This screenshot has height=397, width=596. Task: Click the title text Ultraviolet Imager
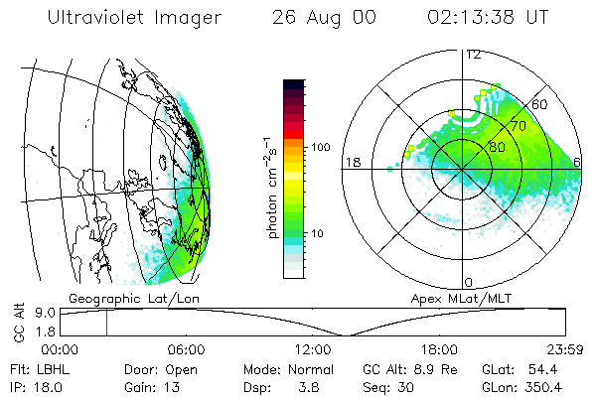click(x=134, y=18)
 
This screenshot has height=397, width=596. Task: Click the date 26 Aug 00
click(x=324, y=18)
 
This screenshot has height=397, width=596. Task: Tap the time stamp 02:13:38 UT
click(x=488, y=17)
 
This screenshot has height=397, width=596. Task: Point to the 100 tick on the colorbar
click(x=320, y=147)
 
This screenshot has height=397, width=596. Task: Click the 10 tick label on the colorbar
click(x=317, y=233)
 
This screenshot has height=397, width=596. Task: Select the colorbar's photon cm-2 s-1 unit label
click(x=271, y=188)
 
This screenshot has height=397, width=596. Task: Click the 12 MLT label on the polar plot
click(x=474, y=56)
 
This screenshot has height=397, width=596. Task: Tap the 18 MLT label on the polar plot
click(x=353, y=162)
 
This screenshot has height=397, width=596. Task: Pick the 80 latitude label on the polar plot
click(x=497, y=147)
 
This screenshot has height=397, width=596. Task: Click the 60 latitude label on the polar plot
click(x=539, y=104)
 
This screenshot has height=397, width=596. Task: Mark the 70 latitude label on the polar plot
click(x=519, y=126)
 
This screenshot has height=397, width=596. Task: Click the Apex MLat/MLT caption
click(x=461, y=299)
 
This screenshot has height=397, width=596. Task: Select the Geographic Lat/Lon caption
click(x=134, y=299)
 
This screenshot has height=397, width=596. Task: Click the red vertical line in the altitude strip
click(x=107, y=323)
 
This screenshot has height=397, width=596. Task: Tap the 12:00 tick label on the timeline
click(x=313, y=349)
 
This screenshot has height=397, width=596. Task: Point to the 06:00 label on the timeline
click(x=187, y=349)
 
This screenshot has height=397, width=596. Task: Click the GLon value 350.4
click(x=543, y=387)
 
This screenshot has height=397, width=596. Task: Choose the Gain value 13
click(x=172, y=387)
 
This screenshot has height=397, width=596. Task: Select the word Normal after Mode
click(x=311, y=369)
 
